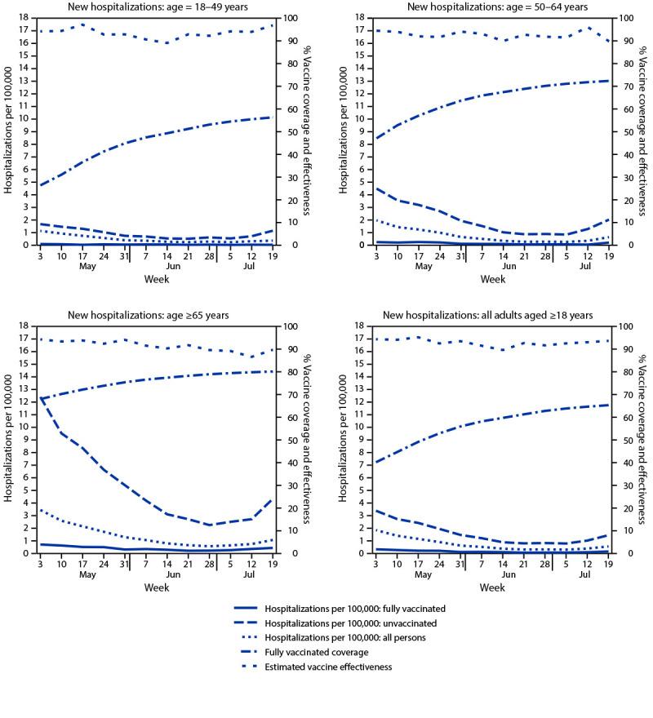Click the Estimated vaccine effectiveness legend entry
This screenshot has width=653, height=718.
pyautogui.click(x=313, y=667)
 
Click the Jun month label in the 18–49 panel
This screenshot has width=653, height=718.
pyautogui.click(x=173, y=267)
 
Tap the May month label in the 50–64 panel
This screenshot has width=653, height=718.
pyautogui.click(x=423, y=267)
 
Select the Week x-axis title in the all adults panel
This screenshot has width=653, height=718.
pyautogui.click(x=491, y=587)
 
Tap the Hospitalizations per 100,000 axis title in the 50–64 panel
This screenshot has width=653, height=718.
pyautogui.click(x=341, y=131)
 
